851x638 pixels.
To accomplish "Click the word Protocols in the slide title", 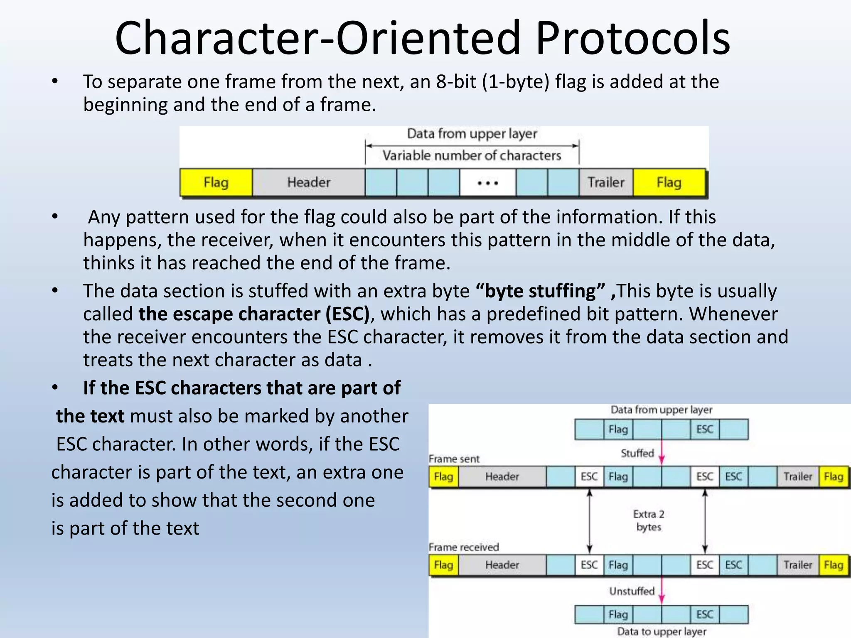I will pyautogui.click(x=632, y=38).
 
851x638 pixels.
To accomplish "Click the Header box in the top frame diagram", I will pyautogui.click(x=309, y=182).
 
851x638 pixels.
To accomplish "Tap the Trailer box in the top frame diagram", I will pyautogui.click(x=605, y=182).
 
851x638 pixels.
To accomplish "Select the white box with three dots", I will pyautogui.click(x=487, y=183).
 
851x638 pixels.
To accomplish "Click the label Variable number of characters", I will pyautogui.click(x=472, y=155).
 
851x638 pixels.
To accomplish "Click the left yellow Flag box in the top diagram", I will pyautogui.click(x=216, y=182).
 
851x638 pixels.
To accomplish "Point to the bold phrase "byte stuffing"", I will pyautogui.click(x=540, y=291).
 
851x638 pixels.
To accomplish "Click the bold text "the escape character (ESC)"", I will pyautogui.click(x=254, y=314).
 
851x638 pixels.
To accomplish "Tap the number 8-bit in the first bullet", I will pyautogui.click(x=456, y=81).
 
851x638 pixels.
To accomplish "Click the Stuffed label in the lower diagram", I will pyautogui.click(x=637, y=453).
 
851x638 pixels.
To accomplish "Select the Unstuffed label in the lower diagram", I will pyautogui.click(x=632, y=591).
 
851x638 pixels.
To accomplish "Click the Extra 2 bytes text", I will pyautogui.click(x=649, y=520).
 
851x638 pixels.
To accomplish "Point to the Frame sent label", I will pyautogui.click(x=454, y=459).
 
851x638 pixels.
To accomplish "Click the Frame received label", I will pyautogui.click(x=464, y=547).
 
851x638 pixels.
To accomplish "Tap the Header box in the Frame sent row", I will pyautogui.click(x=502, y=476).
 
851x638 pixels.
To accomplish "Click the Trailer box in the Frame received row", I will pyautogui.click(x=797, y=565).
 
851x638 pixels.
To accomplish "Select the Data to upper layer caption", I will pyautogui.click(x=662, y=631).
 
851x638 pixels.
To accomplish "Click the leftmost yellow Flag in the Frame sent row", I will pyautogui.click(x=443, y=476).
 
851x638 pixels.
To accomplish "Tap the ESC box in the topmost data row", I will pyautogui.click(x=704, y=429).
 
